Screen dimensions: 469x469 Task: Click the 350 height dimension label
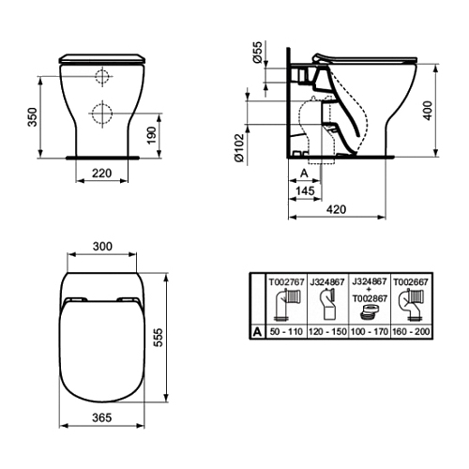click(x=33, y=117)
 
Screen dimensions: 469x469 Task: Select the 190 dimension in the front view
click(x=152, y=135)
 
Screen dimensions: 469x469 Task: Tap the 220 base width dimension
click(x=102, y=173)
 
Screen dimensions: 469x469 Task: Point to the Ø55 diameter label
click(x=257, y=52)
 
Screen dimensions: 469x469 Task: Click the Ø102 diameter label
click(x=239, y=147)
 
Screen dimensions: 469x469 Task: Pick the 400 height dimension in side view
click(x=428, y=110)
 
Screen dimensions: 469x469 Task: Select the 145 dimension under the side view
click(x=305, y=190)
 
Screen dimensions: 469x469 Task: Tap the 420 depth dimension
click(x=337, y=209)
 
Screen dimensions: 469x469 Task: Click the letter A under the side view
click(x=304, y=173)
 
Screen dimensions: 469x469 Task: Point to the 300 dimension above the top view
click(x=102, y=247)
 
